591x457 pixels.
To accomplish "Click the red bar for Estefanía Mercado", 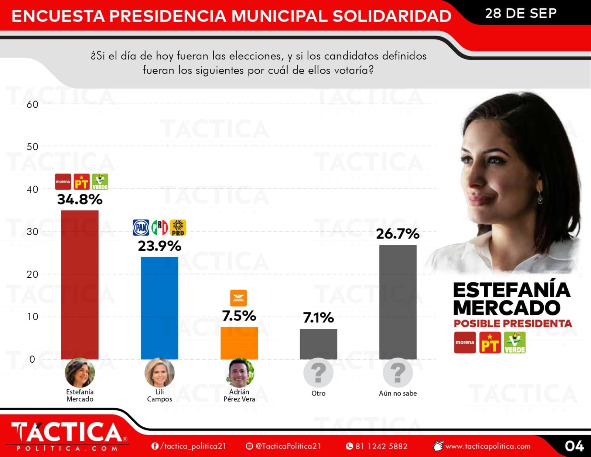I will pyautogui.click(x=80, y=285).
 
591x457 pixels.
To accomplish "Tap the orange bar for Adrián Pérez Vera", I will pyautogui.click(x=239, y=343).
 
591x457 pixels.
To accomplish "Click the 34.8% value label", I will pyautogui.click(x=80, y=200).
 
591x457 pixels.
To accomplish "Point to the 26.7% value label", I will pyautogui.click(x=398, y=234).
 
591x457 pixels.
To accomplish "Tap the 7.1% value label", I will pyautogui.click(x=318, y=318).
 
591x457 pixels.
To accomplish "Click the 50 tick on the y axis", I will pyautogui.click(x=33, y=147).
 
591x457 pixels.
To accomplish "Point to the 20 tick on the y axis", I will pyautogui.click(x=33, y=274).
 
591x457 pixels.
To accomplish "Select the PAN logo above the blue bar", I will pyautogui.click(x=141, y=227).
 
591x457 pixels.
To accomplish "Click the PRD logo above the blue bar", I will pyautogui.click(x=178, y=228).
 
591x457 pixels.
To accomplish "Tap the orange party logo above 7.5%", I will pyautogui.click(x=239, y=298).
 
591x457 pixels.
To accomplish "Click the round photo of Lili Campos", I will pyautogui.click(x=160, y=373).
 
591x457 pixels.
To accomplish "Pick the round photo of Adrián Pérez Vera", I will pyautogui.click(x=239, y=373).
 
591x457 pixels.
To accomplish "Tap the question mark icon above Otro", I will pyautogui.click(x=318, y=373).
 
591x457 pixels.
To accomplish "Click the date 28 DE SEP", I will pyautogui.click(x=521, y=13).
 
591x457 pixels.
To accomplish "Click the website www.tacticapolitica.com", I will pyautogui.click(x=488, y=446).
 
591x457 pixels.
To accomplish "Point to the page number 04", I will pyautogui.click(x=574, y=446).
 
